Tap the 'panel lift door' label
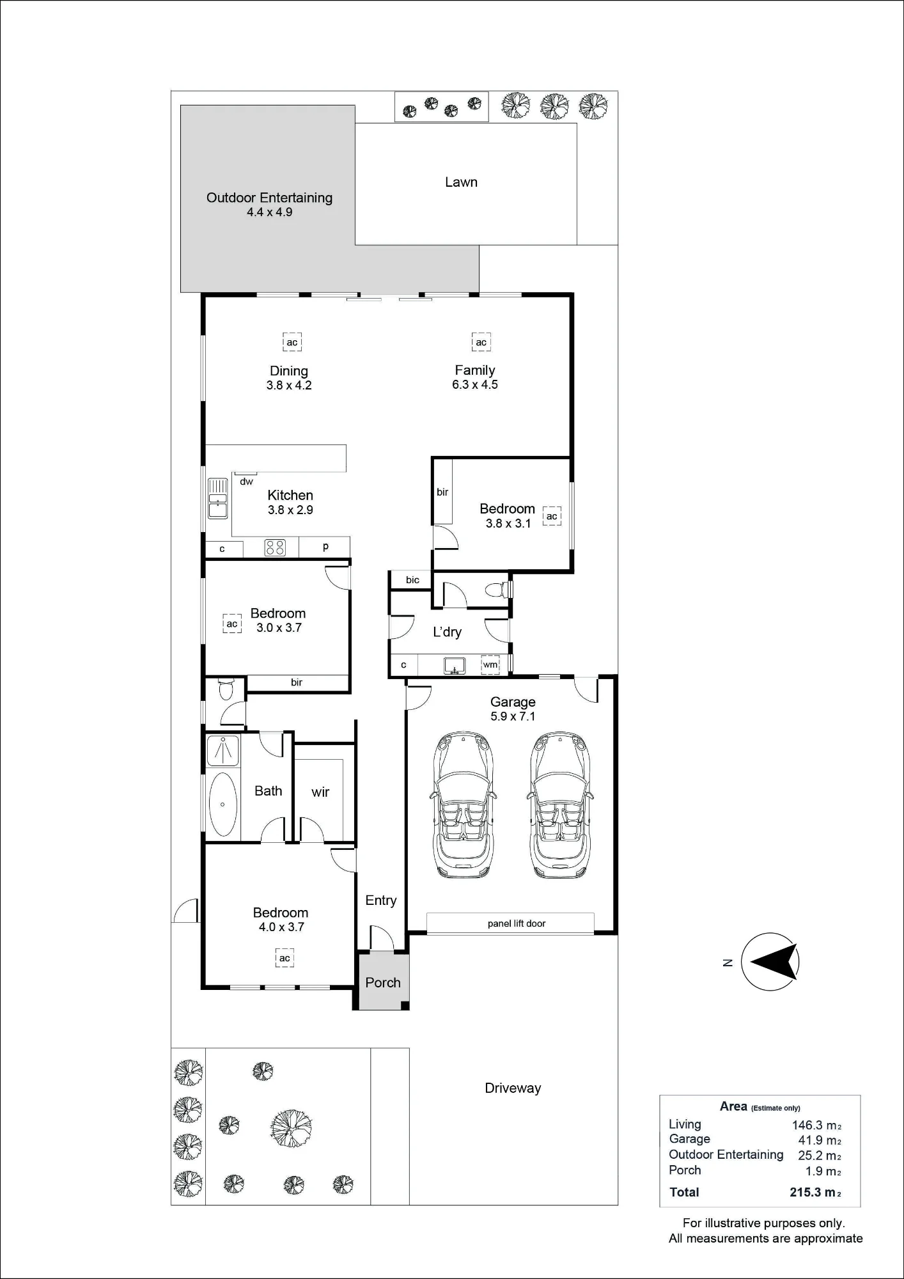pyautogui.click(x=517, y=923)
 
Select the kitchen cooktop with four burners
pyautogui.click(x=275, y=548)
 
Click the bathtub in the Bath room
pyautogui.click(x=222, y=804)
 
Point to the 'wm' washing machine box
pyautogui.click(x=490, y=664)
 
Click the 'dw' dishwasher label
pyautogui.click(x=247, y=482)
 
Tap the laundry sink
pyautogui.click(x=453, y=665)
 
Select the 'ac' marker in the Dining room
pyautogui.click(x=292, y=342)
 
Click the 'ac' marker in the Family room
pyautogui.click(x=481, y=342)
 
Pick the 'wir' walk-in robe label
pyautogui.click(x=320, y=792)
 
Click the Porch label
pyautogui.click(x=383, y=982)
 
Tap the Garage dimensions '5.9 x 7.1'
pyautogui.click(x=513, y=716)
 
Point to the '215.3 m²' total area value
pyautogui.click(x=815, y=1192)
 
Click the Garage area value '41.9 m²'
pyautogui.click(x=820, y=1140)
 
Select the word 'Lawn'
pyautogui.click(x=461, y=182)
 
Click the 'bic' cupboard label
pyautogui.click(x=413, y=580)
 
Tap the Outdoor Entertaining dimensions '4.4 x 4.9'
pyautogui.click(x=270, y=212)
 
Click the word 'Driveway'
pyautogui.click(x=513, y=1088)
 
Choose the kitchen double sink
pyautogui.click(x=218, y=498)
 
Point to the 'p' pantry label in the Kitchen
pyautogui.click(x=326, y=547)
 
